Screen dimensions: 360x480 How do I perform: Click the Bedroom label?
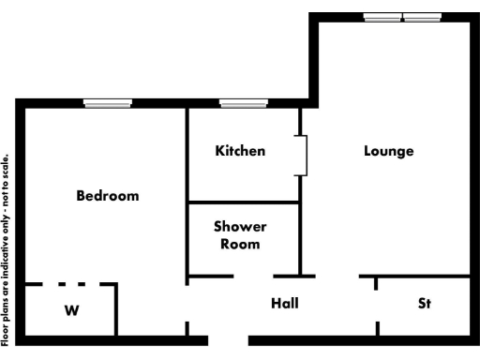pyautogui.click(x=108, y=196)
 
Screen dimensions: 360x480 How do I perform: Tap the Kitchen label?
pyautogui.click(x=240, y=150)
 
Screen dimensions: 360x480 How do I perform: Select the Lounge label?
pyautogui.click(x=389, y=150)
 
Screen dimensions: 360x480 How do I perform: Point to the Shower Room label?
pyautogui.click(x=240, y=235)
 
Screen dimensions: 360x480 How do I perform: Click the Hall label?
pyautogui.click(x=285, y=303)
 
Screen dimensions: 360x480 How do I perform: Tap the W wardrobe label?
pyautogui.click(x=71, y=311)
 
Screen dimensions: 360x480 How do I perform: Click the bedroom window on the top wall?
pyautogui.click(x=108, y=103)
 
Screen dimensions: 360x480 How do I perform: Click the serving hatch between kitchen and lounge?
pyautogui.click(x=303, y=156)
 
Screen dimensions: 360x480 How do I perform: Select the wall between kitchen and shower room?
pyautogui.click(x=244, y=202)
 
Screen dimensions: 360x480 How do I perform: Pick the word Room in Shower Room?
pyautogui.click(x=240, y=244)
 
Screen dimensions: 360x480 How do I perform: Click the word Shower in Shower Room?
pyautogui.click(x=240, y=227)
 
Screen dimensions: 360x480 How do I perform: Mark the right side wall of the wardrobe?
pyautogui.click(x=116, y=309)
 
